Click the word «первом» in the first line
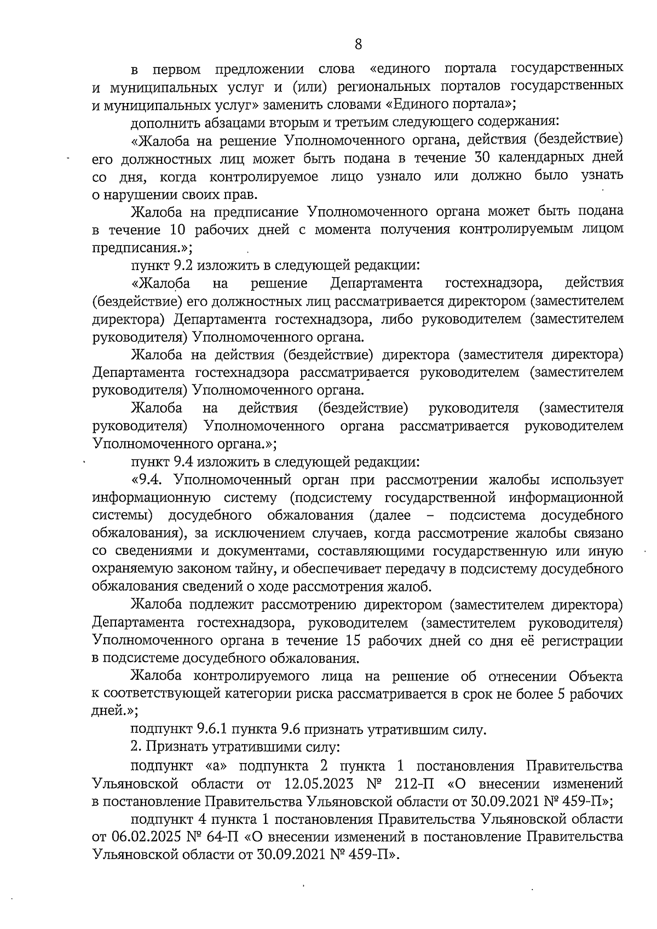[x=176, y=70]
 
